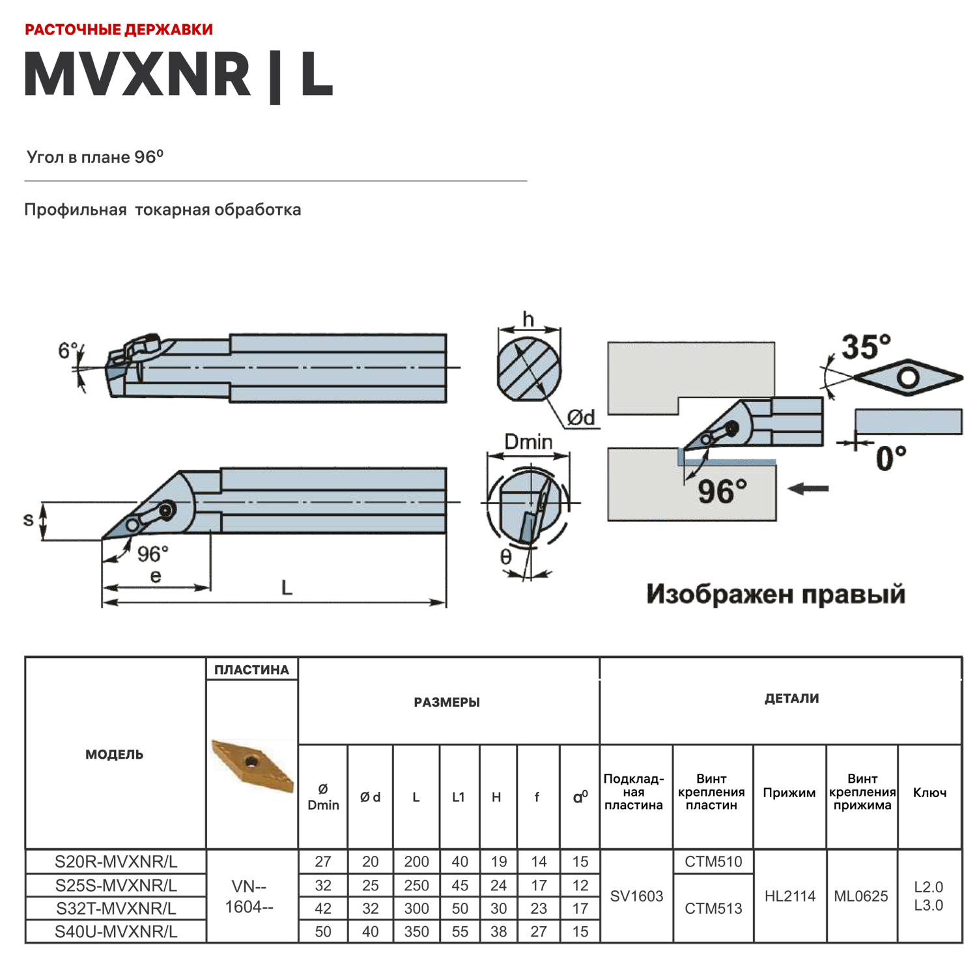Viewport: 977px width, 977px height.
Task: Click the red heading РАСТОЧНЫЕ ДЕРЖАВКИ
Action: pyautogui.click(x=119, y=30)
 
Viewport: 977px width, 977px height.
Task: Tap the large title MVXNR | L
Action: pyautogui.click(x=178, y=75)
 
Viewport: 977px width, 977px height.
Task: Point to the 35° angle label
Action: pyautogui.click(x=866, y=347)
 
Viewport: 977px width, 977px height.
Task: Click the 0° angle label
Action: pyautogui.click(x=890, y=459)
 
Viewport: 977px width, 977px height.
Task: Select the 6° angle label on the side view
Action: pyautogui.click(x=67, y=351)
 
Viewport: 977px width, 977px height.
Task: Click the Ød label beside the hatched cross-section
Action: pyautogui.click(x=581, y=418)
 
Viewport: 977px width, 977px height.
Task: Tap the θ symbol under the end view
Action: pyautogui.click(x=505, y=557)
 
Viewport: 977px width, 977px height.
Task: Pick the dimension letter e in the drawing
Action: pyautogui.click(x=156, y=576)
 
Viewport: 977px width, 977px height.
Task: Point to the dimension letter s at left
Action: pyautogui.click(x=28, y=520)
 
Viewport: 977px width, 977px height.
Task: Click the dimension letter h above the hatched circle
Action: pyautogui.click(x=528, y=319)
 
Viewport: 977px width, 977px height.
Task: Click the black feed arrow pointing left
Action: pyautogui.click(x=808, y=488)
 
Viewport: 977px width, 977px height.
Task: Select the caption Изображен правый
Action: pyautogui.click(x=775, y=594)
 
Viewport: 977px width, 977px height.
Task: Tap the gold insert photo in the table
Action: pyautogui.click(x=253, y=766)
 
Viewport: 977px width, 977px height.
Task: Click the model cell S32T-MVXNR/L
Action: pyautogui.click(x=116, y=908)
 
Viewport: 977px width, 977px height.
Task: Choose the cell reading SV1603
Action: pyautogui.click(x=636, y=896)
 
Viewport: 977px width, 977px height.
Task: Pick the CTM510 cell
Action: pyautogui.click(x=713, y=862)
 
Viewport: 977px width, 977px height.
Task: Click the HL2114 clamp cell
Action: pyautogui.click(x=789, y=896)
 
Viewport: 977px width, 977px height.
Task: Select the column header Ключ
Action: pyautogui.click(x=929, y=793)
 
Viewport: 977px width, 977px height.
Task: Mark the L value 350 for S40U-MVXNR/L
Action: pyautogui.click(x=416, y=931)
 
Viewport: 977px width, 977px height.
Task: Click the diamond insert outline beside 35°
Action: pyautogui.click(x=909, y=377)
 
